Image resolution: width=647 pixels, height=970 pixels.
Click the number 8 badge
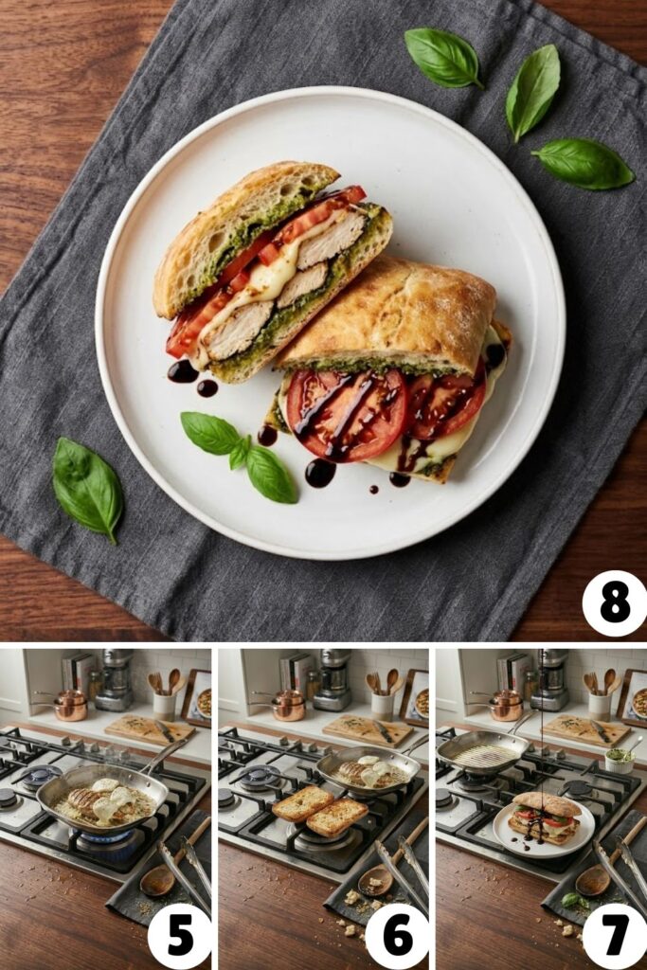(x=614, y=603)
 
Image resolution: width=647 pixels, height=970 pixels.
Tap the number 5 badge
(x=179, y=936)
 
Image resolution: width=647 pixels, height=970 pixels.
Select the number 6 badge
(x=398, y=936)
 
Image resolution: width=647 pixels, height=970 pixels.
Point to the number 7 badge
(x=615, y=936)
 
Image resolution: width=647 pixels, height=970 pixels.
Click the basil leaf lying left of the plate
(x=86, y=487)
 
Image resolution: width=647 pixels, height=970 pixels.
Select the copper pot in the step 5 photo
(x=69, y=705)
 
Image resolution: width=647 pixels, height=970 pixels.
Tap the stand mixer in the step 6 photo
(x=332, y=679)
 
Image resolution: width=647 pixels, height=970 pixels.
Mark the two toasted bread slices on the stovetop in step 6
(x=318, y=809)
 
